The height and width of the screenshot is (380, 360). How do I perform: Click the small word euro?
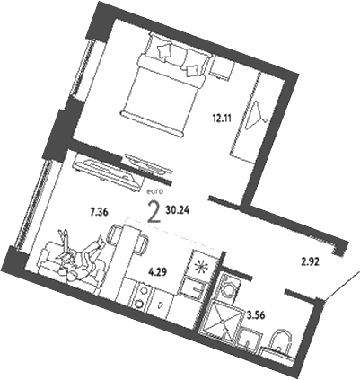[x=152, y=191]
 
